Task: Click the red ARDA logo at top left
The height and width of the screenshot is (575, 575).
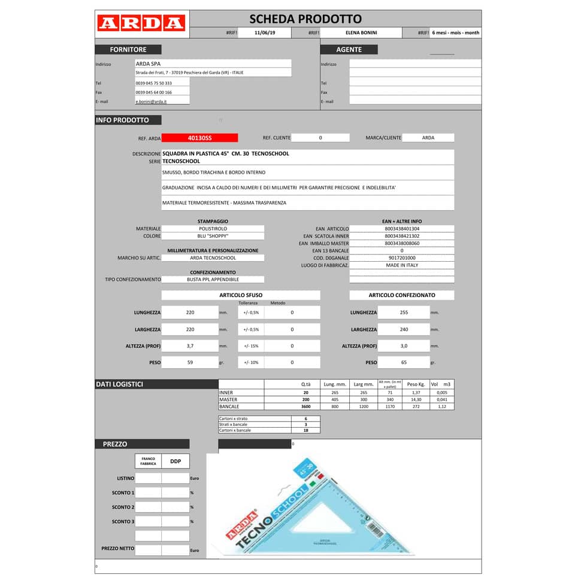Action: (x=141, y=23)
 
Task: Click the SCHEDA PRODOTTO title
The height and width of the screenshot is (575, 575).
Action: (x=305, y=19)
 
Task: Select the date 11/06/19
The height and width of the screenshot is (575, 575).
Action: (x=264, y=33)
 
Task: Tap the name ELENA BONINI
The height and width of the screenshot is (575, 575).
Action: (x=361, y=33)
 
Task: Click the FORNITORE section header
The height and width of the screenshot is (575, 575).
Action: (x=128, y=50)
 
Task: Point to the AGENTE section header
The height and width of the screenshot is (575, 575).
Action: (x=349, y=50)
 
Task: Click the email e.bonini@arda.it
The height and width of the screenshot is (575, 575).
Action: (x=151, y=101)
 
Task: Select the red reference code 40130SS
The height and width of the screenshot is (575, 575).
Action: (x=199, y=138)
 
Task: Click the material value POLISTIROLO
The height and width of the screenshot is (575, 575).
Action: (x=213, y=229)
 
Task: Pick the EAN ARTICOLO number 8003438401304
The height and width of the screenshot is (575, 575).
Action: (x=402, y=229)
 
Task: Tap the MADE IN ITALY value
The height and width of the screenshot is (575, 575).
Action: (x=402, y=265)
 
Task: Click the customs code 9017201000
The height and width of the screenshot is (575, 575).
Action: (x=402, y=258)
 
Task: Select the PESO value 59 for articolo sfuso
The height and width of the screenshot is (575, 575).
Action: (x=190, y=362)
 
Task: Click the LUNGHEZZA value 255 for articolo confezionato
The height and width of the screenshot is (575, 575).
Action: (x=404, y=312)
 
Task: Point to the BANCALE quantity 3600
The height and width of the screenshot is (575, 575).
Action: (x=305, y=406)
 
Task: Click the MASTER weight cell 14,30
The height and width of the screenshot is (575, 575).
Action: (x=416, y=400)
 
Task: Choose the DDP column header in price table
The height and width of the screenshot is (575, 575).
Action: (x=175, y=461)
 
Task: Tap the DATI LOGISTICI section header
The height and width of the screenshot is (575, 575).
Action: (x=120, y=384)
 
